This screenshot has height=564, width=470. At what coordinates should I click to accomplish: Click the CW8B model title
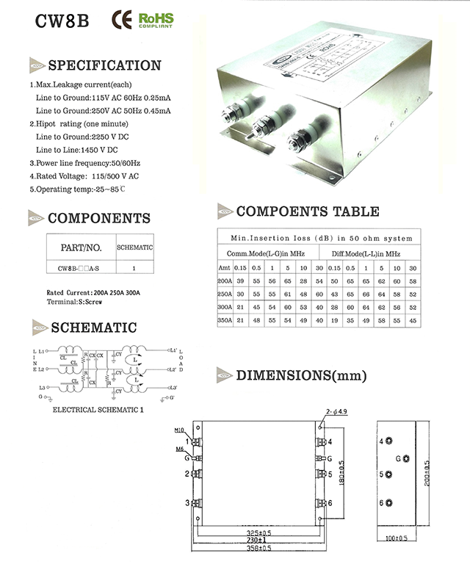62,20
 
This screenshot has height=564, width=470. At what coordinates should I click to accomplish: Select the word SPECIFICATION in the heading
104,65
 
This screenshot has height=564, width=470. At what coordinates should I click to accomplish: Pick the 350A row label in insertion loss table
224,321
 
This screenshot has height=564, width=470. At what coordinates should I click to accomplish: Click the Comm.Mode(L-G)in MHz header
264,253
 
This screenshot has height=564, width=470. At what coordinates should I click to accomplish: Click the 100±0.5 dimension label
399,538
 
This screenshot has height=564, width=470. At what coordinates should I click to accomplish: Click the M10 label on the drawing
179,430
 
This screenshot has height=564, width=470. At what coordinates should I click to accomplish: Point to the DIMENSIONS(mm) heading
301,376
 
